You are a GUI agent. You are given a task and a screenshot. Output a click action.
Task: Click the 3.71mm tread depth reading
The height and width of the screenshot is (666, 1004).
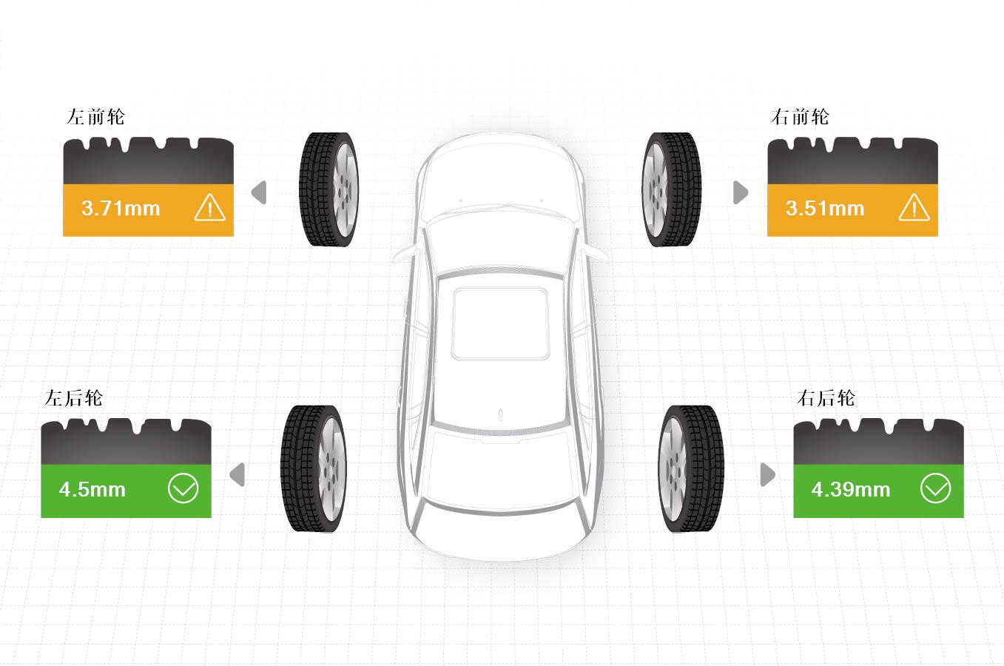point(121,209)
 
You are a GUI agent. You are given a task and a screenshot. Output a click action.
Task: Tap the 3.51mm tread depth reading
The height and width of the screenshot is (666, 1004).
point(825,209)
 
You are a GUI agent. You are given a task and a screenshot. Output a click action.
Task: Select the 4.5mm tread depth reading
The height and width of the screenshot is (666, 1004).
point(92,489)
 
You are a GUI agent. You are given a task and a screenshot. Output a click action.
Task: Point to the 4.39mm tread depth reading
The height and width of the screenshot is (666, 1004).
point(850,489)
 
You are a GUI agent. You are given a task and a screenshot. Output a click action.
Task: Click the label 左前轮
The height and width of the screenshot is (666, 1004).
point(95,117)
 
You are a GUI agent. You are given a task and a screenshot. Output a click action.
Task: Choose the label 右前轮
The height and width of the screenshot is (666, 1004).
point(800,117)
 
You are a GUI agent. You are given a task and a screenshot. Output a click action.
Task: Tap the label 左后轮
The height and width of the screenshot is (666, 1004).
point(73,398)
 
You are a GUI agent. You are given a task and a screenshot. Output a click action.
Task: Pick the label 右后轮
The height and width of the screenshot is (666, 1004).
point(826,398)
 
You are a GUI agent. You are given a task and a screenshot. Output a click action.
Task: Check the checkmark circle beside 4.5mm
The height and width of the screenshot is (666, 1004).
point(183,488)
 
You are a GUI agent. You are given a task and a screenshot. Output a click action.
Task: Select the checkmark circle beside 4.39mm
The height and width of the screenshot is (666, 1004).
point(935,488)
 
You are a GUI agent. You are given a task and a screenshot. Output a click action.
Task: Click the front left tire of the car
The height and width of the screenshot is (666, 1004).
point(329,189)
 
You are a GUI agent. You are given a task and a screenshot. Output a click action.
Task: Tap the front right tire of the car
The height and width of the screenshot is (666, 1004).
point(671,189)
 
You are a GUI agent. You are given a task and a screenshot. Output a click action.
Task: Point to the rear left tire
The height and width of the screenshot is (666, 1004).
point(314,469)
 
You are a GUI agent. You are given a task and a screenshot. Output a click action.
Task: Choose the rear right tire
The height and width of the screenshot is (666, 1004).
point(691,469)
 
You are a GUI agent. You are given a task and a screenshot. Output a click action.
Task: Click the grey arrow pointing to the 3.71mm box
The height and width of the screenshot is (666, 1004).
point(259,192)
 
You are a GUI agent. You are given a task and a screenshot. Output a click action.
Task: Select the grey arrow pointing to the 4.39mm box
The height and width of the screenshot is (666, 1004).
point(768,474)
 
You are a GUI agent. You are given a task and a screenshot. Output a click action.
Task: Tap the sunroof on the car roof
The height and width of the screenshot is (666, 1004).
point(501,323)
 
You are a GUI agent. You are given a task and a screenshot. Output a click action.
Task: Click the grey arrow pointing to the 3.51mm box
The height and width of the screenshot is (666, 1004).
point(741,192)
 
